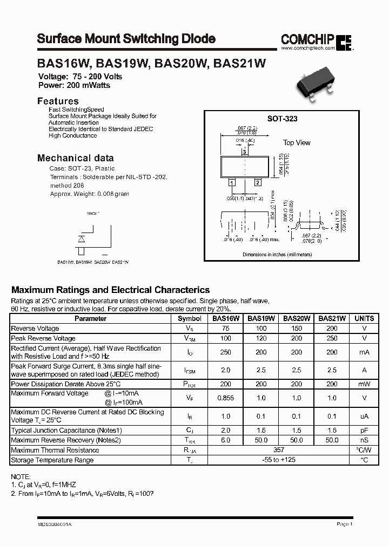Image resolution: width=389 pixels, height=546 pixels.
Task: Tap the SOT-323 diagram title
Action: tap(282, 119)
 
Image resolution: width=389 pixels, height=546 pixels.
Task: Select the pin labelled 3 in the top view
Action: tap(244, 153)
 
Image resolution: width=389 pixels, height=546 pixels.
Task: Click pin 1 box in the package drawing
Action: tap(231, 183)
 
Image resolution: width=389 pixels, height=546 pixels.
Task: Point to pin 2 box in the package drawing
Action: tap(258, 182)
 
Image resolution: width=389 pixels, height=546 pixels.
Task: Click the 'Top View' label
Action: tap(297, 143)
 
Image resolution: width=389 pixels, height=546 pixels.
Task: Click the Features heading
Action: tap(58, 101)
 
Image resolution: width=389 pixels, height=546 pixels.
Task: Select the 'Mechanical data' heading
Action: tap(75, 158)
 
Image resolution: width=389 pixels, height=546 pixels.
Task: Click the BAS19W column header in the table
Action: tap(261, 318)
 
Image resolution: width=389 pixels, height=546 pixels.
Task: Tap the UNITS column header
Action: tap(364, 318)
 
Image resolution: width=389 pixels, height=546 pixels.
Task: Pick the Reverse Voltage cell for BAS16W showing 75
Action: tap(226, 328)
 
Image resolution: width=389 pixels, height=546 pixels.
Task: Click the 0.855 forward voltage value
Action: tap(226, 398)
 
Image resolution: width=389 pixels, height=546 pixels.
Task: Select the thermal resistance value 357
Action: tap(279, 450)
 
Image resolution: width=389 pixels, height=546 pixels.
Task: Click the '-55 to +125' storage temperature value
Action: tap(279, 460)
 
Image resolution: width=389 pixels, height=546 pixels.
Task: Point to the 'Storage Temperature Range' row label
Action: tap(52, 460)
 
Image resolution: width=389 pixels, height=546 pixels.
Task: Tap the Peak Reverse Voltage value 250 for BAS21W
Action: tap(332, 338)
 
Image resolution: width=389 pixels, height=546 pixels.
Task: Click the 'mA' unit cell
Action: tap(364, 352)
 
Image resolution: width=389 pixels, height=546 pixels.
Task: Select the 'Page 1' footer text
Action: tap(344, 524)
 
